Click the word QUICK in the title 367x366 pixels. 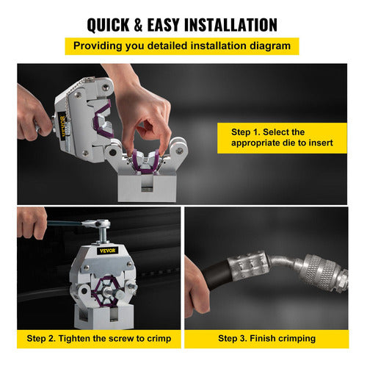[108, 25]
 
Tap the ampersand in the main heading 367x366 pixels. [139, 25]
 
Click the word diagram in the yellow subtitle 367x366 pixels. [270, 46]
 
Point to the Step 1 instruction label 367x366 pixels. [282, 137]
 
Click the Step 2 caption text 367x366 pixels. [99, 339]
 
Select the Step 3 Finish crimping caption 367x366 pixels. [266, 339]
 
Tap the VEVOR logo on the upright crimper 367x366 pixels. [107, 251]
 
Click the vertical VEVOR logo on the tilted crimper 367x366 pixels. [63, 126]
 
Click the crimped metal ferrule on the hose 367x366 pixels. [248, 265]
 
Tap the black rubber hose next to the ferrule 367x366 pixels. [215, 276]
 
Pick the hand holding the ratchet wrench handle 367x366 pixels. [32, 223]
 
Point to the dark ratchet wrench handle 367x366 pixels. [64, 223]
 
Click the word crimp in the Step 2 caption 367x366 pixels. [159, 339]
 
